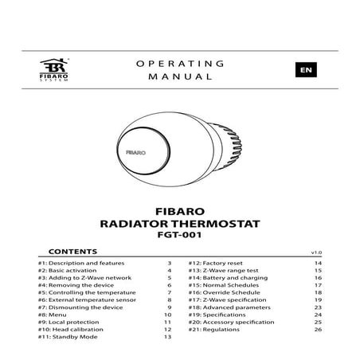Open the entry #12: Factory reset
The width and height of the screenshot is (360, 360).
(221, 263)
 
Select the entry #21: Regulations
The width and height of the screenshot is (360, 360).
(217, 331)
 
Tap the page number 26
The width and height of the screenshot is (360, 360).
(316, 331)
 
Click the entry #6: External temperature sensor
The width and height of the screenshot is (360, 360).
(85, 300)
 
